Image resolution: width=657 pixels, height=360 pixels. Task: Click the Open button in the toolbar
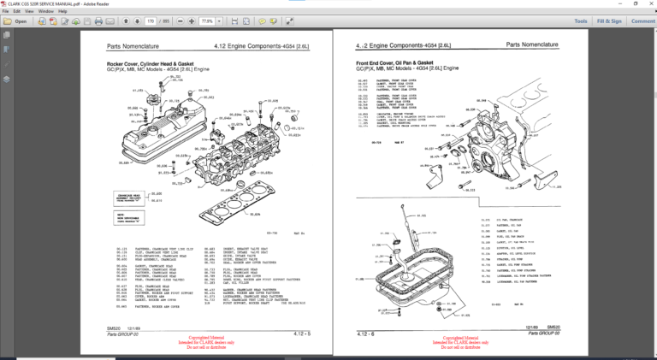point(16,21)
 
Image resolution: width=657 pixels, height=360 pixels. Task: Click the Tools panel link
point(581,21)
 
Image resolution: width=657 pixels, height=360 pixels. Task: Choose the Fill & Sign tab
point(609,21)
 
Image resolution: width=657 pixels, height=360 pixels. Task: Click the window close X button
point(648,3)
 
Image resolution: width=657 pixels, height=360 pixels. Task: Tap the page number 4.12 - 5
point(300,333)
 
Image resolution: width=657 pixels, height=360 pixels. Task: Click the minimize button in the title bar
point(612,3)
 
